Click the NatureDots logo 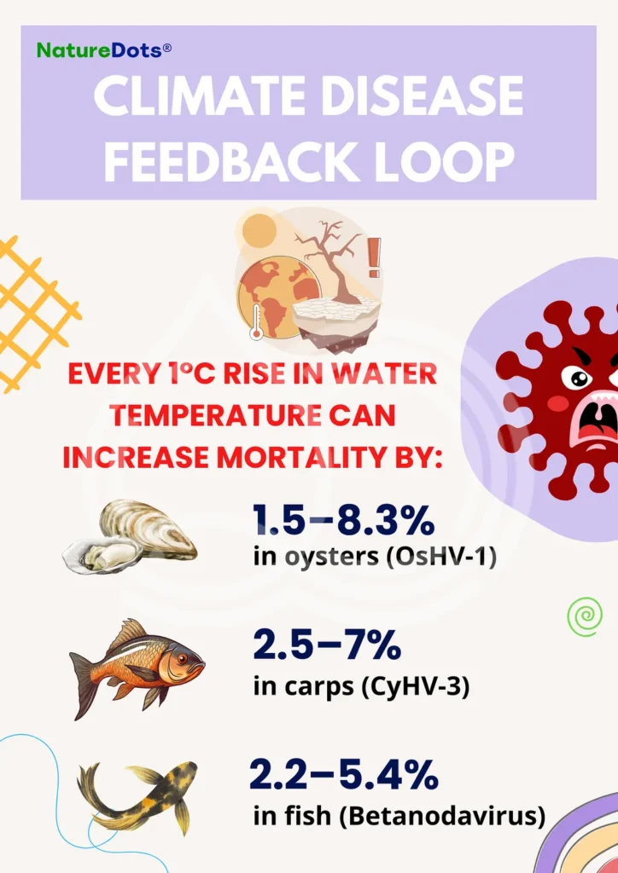pyautogui.click(x=104, y=50)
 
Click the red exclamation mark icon pyautogui.click(x=374, y=257)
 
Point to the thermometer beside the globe pyautogui.click(x=256, y=321)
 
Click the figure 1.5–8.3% pyautogui.click(x=343, y=519)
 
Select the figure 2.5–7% pyautogui.click(x=327, y=645)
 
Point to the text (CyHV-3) pyautogui.click(x=416, y=686)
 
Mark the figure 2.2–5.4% pyautogui.click(x=343, y=774)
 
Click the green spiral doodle pyautogui.click(x=585, y=616)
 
